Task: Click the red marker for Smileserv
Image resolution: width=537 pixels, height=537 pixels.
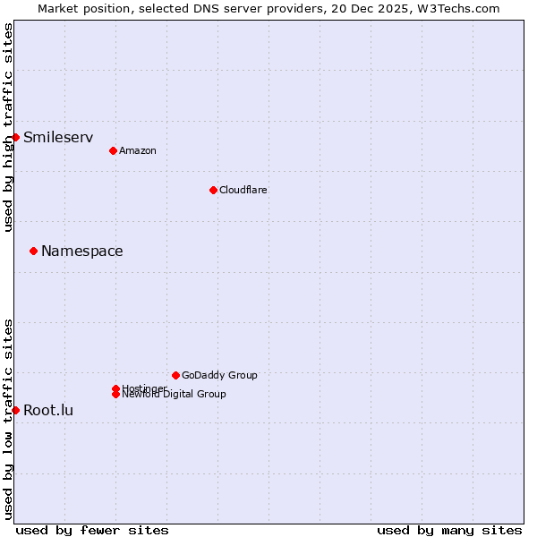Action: point(15,137)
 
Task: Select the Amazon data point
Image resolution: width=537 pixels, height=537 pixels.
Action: point(113,150)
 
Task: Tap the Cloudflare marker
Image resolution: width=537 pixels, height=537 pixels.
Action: point(213,190)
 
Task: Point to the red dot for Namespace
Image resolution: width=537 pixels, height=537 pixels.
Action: point(33,251)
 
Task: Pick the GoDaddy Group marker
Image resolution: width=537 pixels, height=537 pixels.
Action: point(175,375)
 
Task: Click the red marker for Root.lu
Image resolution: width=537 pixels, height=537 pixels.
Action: point(15,410)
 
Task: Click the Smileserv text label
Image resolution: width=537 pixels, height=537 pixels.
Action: point(58,137)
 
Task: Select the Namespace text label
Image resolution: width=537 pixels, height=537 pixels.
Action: point(82,251)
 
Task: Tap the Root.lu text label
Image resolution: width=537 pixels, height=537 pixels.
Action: point(48,411)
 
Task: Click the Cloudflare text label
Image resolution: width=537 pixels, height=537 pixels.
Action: point(243,190)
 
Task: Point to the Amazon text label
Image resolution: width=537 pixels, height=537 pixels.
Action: point(138,150)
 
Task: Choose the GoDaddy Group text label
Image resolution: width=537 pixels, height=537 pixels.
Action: point(219,375)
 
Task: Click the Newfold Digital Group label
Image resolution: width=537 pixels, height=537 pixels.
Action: point(174,394)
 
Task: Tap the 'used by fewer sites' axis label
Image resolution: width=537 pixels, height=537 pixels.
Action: point(92,530)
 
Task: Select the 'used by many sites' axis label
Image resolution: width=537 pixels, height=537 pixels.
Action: point(449,530)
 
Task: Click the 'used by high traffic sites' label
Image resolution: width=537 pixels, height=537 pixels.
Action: point(8,127)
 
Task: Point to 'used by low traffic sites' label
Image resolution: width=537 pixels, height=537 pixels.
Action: point(8,419)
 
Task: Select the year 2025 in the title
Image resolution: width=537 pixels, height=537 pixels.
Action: point(388,8)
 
